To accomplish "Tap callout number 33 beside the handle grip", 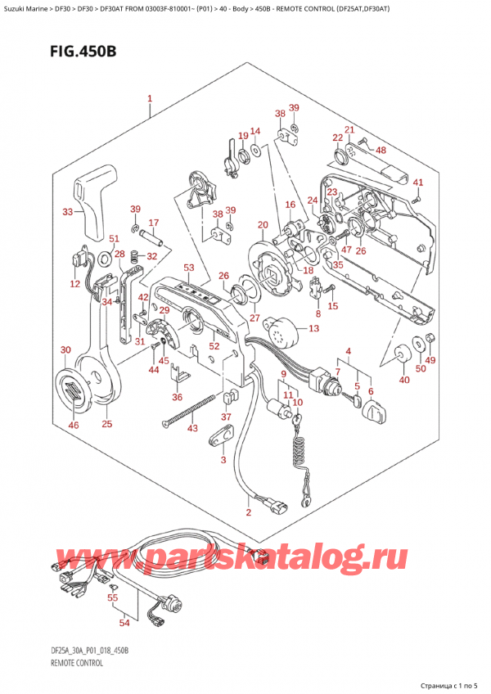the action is coord(67,212).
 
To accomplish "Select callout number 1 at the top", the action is coord(150,98).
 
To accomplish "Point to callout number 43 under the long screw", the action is coord(192,428).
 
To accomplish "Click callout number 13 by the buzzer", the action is coord(313,328).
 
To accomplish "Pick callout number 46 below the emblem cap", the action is coord(74,426).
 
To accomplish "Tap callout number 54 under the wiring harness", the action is coord(124,623).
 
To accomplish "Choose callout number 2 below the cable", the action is coord(249,512).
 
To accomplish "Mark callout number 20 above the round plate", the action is coord(263,225).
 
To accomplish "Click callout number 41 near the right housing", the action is coord(418,183).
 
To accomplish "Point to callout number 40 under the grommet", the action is coord(404,379).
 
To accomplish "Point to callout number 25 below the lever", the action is coord(106,424).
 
